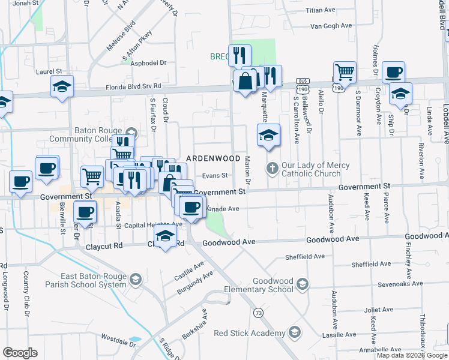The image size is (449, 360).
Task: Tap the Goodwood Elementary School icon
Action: (x=303, y=283)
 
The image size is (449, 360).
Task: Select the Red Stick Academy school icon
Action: (x=295, y=332)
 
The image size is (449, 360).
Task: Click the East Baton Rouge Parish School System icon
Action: (x=136, y=279)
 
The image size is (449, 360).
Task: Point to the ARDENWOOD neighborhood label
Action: (x=208, y=158)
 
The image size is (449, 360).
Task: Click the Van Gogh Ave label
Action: (x=331, y=26)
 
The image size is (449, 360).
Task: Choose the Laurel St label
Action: (x=49, y=71)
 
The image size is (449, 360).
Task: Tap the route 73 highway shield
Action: (x=259, y=313)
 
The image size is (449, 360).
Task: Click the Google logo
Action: (x=20, y=353)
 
